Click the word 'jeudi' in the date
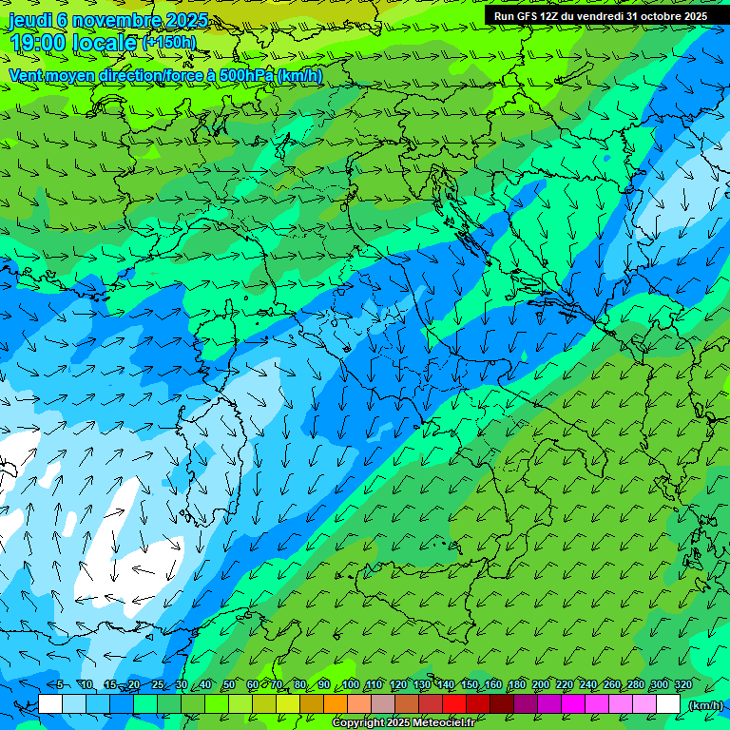pyautogui.click(x=29, y=20)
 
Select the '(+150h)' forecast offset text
pyautogui.click(x=169, y=42)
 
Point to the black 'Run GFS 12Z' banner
pyautogui.click(x=600, y=16)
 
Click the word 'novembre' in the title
pyautogui.click(x=109, y=20)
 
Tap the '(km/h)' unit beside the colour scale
pyautogui.click(x=704, y=704)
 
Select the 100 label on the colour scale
pyautogui.click(x=351, y=684)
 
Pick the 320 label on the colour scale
pyautogui.click(x=682, y=684)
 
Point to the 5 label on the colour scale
pyautogui.click(x=60, y=684)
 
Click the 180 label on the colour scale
pyautogui.click(x=516, y=684)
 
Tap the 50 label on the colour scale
pyautogui.click(x=229, y=684)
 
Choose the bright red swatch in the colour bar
pyautogui.click(x=454, y=704)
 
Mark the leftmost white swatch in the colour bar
pyautogui.click(x=50, y=704)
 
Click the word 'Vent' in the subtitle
pyautogui.click(x=27, y=75)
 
